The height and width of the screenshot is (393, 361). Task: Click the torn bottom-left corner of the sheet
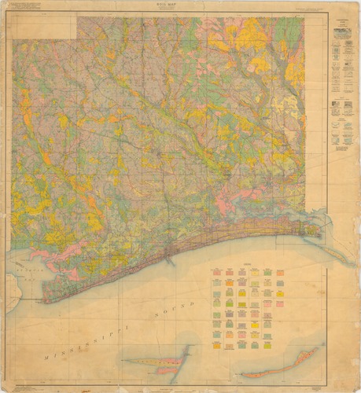[6, 387]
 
